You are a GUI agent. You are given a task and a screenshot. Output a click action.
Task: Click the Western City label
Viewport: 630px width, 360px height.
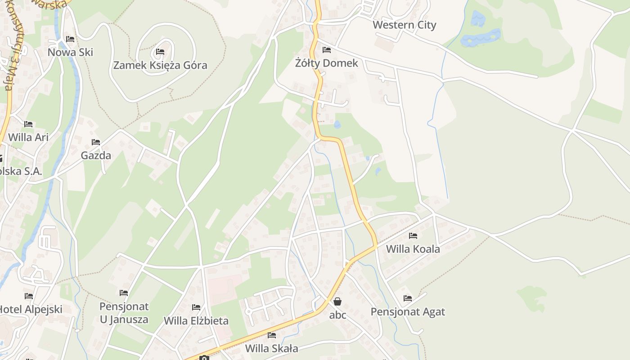coord(404,25)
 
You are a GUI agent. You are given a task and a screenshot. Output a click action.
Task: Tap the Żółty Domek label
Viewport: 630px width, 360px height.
coord(326,63)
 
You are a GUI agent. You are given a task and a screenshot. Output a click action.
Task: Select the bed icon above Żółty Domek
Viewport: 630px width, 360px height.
coord(327,50)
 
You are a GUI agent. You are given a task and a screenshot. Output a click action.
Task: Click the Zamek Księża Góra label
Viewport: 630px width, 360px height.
coord(160,65)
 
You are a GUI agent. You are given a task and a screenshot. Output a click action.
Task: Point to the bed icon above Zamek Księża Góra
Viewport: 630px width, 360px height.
coord(160,52)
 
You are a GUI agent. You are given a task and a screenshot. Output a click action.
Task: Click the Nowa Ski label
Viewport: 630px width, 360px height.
coord(70,52)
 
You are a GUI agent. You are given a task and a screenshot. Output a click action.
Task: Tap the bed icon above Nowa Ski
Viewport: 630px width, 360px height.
coord(70,39)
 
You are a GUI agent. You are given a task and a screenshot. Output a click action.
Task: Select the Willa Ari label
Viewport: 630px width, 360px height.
coord(28,137)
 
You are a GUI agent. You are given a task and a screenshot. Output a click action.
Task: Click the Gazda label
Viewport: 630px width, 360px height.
coord(96,156)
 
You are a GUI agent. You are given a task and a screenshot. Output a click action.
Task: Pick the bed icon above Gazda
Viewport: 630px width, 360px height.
coord(96,142)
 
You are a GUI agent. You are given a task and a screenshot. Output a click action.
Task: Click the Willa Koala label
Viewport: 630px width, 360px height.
coord(413,249)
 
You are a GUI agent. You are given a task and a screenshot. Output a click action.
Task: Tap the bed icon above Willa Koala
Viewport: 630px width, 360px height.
coord(413,236)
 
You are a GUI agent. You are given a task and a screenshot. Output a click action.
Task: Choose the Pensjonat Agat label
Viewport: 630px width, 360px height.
coord(408,312)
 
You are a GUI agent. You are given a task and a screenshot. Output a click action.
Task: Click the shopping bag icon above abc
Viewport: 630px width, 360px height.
coord(337,301)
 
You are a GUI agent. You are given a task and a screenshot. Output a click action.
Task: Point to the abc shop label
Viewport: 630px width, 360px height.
coord(337,315)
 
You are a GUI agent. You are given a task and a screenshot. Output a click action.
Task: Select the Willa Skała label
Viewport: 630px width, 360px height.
coord(271,348)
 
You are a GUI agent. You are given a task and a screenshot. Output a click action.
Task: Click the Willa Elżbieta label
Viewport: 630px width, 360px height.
coord(196,321)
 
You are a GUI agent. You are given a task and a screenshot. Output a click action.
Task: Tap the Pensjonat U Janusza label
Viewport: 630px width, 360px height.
coord(124,313)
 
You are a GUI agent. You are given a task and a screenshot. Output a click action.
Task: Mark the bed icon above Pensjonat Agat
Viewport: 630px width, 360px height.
coord(408,298)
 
